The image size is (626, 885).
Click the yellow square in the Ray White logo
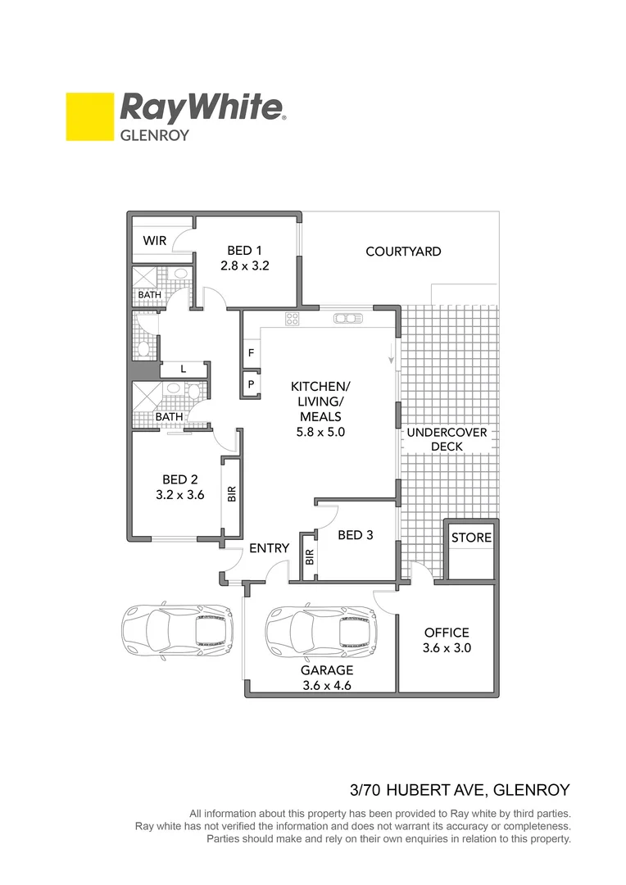tap(89, 116)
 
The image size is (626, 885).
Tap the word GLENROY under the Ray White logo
tap(155, 135)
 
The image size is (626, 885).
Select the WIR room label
tap(155, 241)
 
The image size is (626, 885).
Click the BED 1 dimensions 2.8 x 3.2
tap(244, 265)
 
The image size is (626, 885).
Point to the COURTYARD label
tap(403, 252)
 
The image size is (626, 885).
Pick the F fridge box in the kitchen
tap(250, 354)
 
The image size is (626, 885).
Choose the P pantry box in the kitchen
tap(250, 383)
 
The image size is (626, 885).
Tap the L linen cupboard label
tap(184, 370)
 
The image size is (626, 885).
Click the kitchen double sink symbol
tap(347, 319)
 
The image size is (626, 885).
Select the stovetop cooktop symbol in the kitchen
tap(292, 318)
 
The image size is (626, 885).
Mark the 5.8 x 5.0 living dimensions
tap(320, 432)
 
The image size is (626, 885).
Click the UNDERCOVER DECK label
tap(447, 439)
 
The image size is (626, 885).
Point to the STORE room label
tap(472, 538)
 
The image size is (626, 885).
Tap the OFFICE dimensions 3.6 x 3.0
tap(447, 647)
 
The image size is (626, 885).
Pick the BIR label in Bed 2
tap(232, 492)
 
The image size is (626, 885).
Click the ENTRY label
tap(270, 547)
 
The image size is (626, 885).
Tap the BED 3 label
tap(356, 535)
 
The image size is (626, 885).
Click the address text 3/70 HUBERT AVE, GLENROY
tap(459, 791)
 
